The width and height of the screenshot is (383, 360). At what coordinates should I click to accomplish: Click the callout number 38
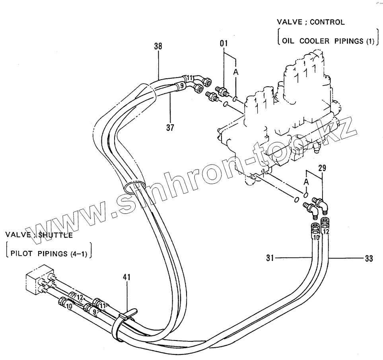(x=158, y=46)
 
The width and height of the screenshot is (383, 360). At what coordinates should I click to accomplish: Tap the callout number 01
(x=224, y=43)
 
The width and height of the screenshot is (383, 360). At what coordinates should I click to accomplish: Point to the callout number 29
(x=322, y=168)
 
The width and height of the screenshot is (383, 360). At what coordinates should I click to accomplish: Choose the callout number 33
(x=369, y=259)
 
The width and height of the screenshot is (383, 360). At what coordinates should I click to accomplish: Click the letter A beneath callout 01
(x=235, y=72)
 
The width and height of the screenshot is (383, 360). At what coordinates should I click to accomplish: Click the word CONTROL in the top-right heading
(x=327, y=22)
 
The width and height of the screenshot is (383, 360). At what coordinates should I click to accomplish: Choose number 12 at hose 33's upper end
(x=326, y=232)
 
